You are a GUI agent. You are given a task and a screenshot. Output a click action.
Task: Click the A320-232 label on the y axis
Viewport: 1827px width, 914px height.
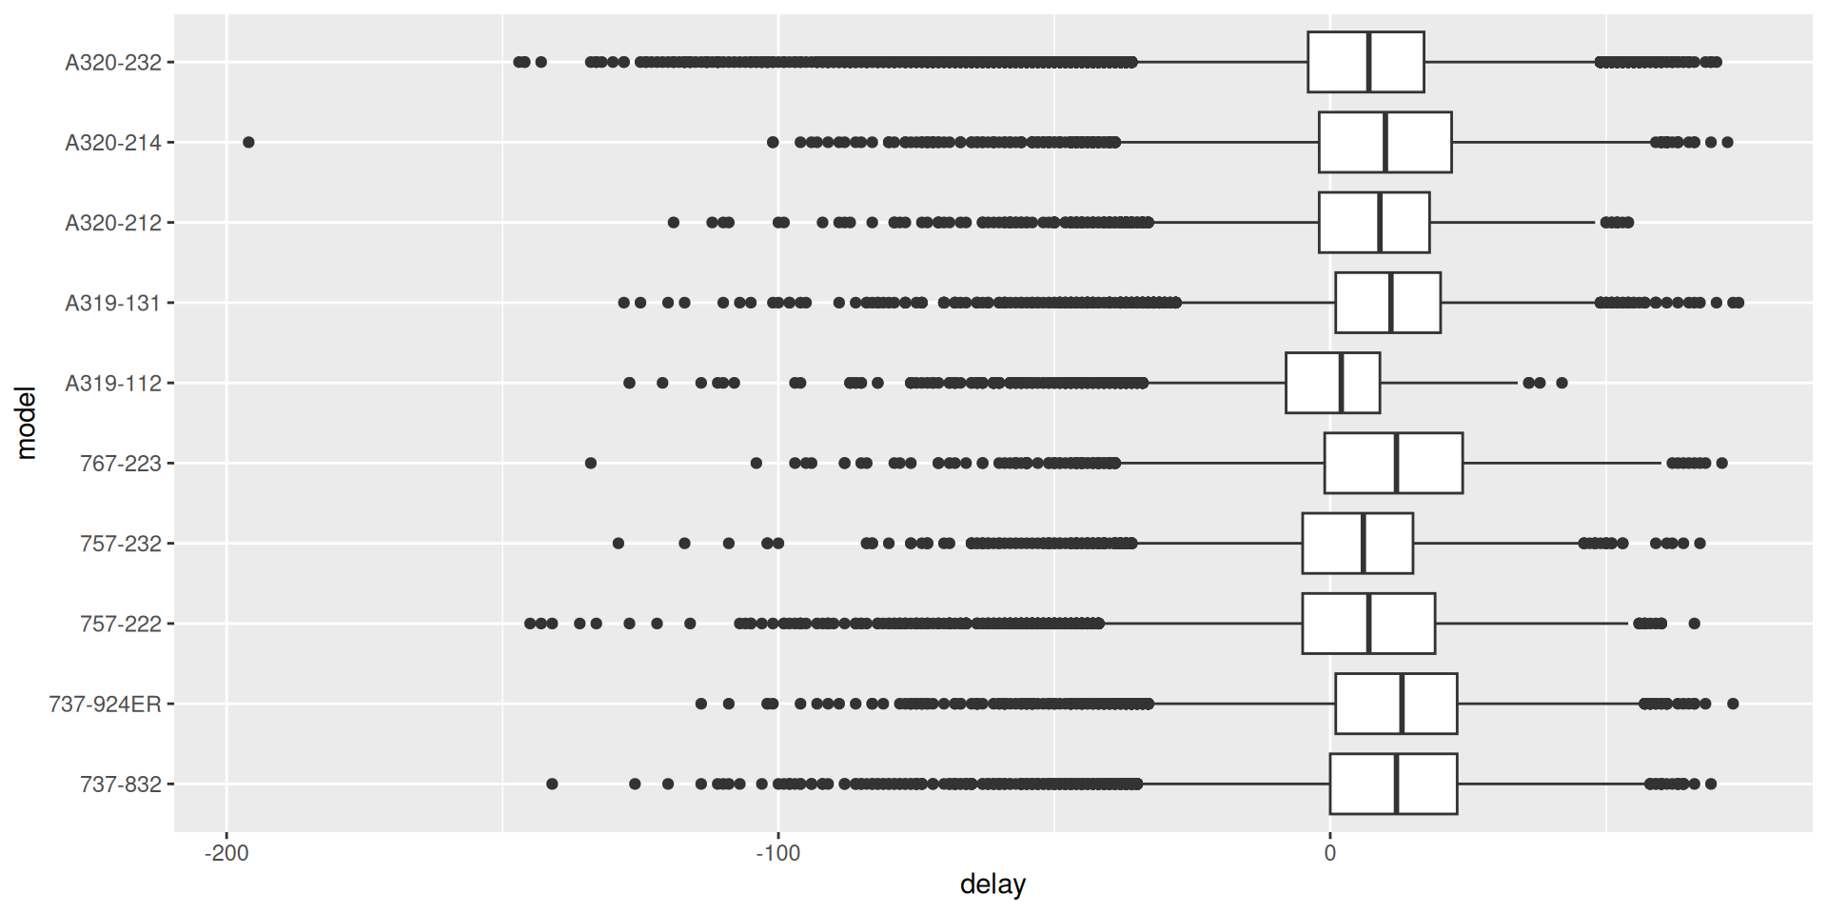click(x=112, y=63)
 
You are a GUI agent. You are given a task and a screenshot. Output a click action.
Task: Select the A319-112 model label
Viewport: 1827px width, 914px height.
click(x=112, y=384)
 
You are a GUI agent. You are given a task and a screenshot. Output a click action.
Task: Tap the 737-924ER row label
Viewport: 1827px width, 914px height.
click(x=105, y=705)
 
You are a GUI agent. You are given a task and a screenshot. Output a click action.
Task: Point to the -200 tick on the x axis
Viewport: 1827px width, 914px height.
click(x=226, y=853)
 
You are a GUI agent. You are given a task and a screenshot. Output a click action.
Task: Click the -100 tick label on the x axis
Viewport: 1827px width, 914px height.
click(x=777, y=853)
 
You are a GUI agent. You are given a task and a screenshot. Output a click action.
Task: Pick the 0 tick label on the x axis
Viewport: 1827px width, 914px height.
click(x=1329, y=853)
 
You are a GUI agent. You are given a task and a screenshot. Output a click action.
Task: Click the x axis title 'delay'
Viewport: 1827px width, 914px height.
click(x=992, y=885)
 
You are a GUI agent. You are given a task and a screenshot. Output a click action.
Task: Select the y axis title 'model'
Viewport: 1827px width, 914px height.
click(x=26, y=423)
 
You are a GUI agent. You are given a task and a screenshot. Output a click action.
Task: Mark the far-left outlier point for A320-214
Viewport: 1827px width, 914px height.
click(x=248, y=143)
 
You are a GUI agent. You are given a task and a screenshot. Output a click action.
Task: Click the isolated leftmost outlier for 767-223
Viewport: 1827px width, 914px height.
click(x=590, y=464)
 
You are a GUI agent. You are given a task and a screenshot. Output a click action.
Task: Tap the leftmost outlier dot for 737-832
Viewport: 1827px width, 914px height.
click(x=552, y=785)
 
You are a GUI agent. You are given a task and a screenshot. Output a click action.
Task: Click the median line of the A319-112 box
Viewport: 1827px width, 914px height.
click(x=1341, y=384)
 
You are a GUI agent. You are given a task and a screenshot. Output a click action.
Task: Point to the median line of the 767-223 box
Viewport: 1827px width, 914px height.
click(x=1396, y=464)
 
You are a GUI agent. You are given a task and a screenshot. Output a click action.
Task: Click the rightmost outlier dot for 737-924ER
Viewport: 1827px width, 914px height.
click(x=1733, y=705)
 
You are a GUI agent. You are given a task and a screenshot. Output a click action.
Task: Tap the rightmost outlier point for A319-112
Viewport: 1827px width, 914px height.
click(x=1562, y=384)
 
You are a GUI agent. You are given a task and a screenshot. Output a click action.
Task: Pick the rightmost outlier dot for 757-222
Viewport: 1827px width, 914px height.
click(x=1694, y=624)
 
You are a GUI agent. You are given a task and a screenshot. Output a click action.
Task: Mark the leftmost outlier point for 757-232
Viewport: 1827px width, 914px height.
click(x=618, y=544)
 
